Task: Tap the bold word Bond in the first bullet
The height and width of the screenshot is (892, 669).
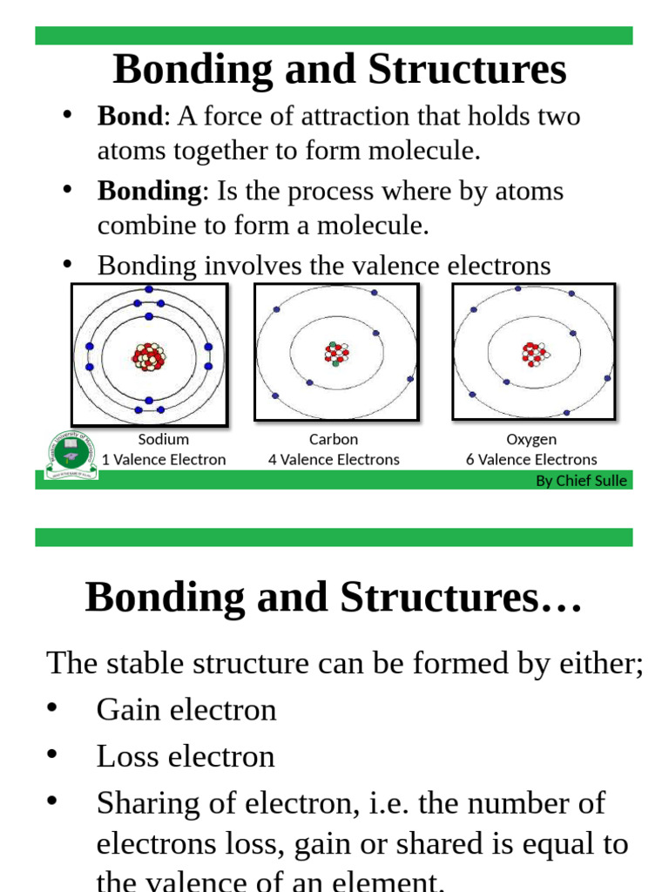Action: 130,116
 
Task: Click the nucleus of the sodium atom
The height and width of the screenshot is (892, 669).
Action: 149,356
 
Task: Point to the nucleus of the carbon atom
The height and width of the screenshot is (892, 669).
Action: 336,353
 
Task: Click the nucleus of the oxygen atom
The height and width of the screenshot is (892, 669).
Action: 534,353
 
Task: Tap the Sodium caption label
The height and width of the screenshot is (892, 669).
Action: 164,440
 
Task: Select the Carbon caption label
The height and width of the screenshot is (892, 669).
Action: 334,440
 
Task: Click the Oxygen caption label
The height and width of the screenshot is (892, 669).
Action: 531,440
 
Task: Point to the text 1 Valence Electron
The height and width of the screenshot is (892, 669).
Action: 164,459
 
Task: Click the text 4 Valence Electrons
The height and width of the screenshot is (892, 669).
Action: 334,459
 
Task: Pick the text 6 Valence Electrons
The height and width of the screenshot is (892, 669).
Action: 531,459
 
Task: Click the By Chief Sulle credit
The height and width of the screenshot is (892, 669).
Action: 581,481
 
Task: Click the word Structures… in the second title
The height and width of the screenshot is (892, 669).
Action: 462,598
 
